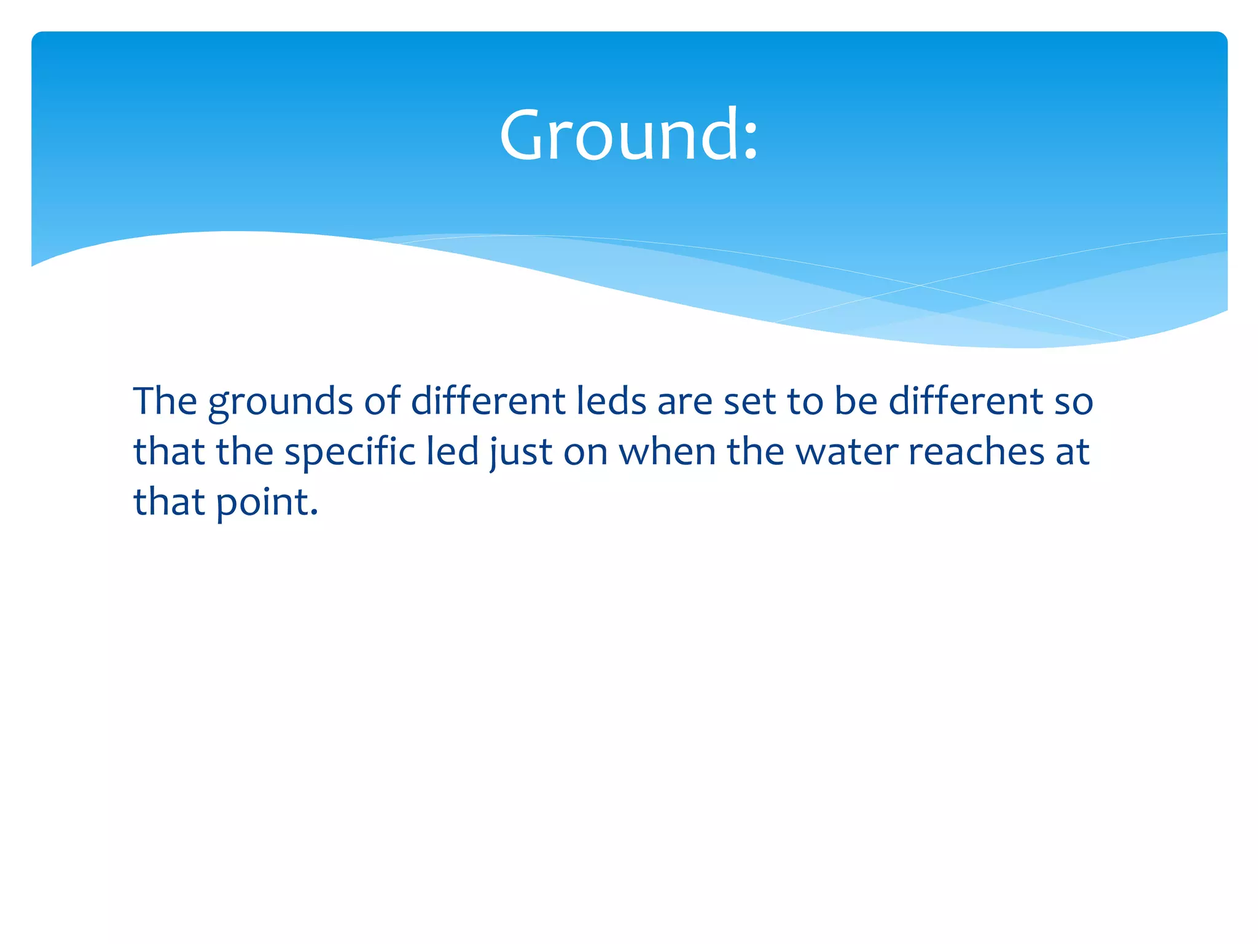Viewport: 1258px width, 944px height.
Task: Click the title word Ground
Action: pyautogui.click(x=618, y=135)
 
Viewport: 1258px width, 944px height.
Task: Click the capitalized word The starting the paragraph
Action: pyautogui.click(x=165, y=401)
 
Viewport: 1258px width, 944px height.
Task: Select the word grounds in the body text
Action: pyautogui.click(x=280, y=403)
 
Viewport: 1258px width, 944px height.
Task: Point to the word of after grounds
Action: pyautogui.click(x=381, y=401)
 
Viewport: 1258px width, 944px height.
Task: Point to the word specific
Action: pyautogui.click(x=350, y=452)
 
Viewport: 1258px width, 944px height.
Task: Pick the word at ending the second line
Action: pyautogui.click(x=1073, y=452)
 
